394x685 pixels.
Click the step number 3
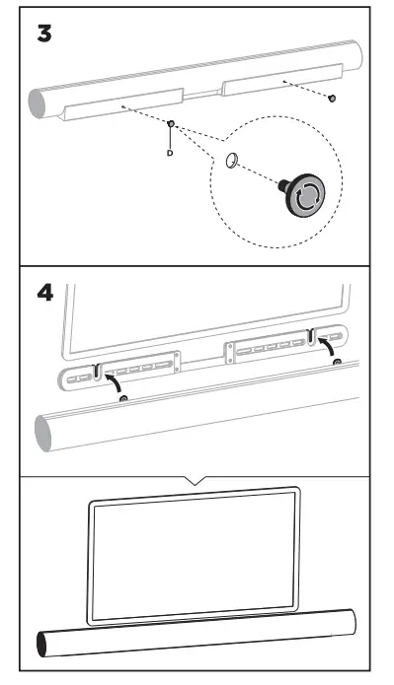point(44,33)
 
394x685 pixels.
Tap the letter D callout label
point(169,155)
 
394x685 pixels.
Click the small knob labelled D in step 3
point(171,124)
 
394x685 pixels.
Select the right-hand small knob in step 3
point(333,98)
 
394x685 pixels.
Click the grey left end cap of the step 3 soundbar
point(41,103)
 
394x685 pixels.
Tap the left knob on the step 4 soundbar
point(122,398)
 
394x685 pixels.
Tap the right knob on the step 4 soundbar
point(339,363)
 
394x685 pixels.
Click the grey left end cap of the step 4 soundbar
point(46,431)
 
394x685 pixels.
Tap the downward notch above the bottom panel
point(196,481)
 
